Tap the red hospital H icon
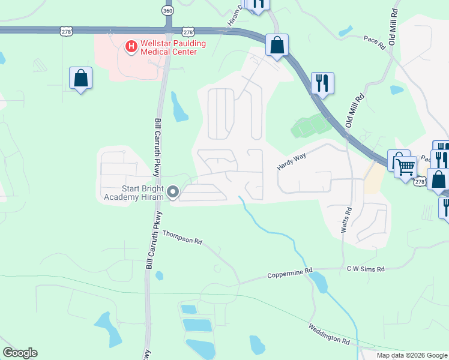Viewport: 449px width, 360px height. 130,46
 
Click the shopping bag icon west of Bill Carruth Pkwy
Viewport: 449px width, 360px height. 80,78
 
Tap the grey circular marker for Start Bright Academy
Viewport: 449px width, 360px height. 173,192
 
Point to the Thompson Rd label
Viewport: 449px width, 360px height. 182,237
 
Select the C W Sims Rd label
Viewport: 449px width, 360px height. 365,269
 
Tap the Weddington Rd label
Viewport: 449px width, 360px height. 329,334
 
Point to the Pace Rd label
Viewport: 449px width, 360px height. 373,40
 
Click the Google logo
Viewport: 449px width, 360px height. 20,353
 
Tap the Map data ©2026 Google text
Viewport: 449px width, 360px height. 412,355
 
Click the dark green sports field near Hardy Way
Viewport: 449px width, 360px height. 311,125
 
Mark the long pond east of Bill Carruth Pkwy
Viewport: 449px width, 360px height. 178,107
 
